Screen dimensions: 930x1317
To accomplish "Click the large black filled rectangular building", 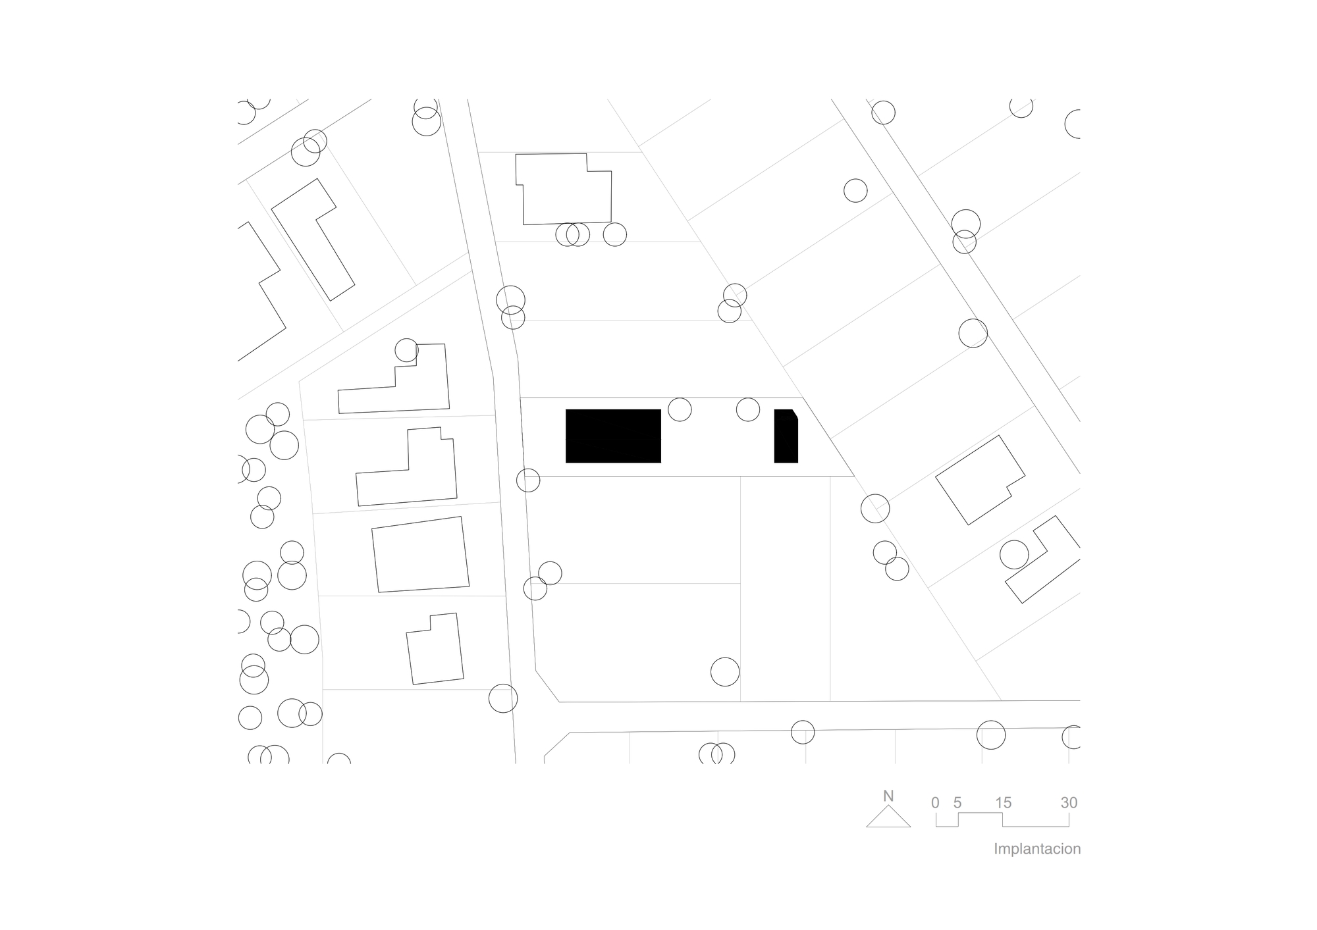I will coord(613,436).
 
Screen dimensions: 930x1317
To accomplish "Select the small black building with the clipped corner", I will coord(786,437).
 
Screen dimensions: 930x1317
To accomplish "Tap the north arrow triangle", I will coord(888,818).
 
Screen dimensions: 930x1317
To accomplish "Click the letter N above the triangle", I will coord(888,796).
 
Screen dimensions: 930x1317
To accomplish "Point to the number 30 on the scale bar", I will coord(1069,802).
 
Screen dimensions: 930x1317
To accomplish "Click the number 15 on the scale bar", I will coord(1003,802).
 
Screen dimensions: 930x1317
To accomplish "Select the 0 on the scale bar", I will coord(935,802).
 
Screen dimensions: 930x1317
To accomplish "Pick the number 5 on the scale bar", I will coord(957,802).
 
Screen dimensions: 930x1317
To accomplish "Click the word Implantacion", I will coord(1037,848).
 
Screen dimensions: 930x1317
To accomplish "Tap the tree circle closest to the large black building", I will coord(680,409).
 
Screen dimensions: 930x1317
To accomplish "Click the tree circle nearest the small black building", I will coord(748,409).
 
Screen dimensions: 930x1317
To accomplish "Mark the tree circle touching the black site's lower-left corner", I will coord(528,480).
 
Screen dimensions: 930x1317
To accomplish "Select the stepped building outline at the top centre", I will coord(565,190).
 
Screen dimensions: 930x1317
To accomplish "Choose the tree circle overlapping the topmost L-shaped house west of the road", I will coord(406,350).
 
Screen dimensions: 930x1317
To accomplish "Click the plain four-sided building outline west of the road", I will coord(420,554).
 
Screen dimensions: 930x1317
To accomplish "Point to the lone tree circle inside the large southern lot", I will coord(725,672).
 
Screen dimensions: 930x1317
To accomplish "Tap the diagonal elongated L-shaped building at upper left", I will coord(313,240).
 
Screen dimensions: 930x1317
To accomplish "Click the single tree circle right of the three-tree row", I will coord(614,234).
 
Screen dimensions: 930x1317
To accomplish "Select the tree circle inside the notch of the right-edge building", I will coord(1014,555).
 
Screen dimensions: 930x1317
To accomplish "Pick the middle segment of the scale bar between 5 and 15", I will coord(981,814).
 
